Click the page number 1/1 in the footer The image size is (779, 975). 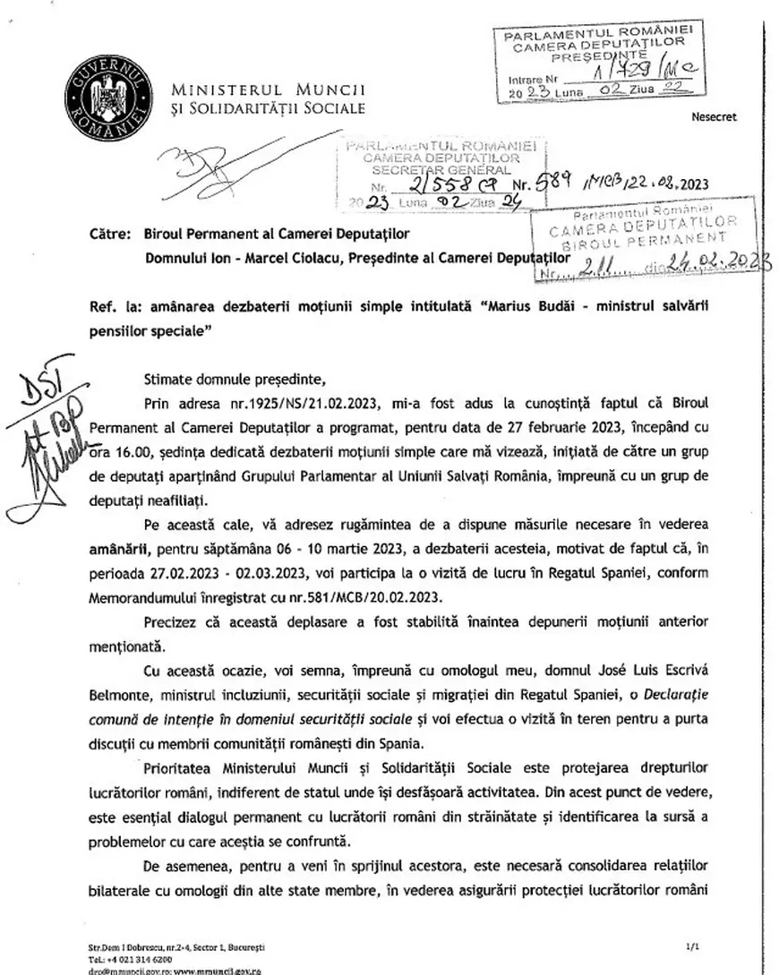click(x=691, y=945)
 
